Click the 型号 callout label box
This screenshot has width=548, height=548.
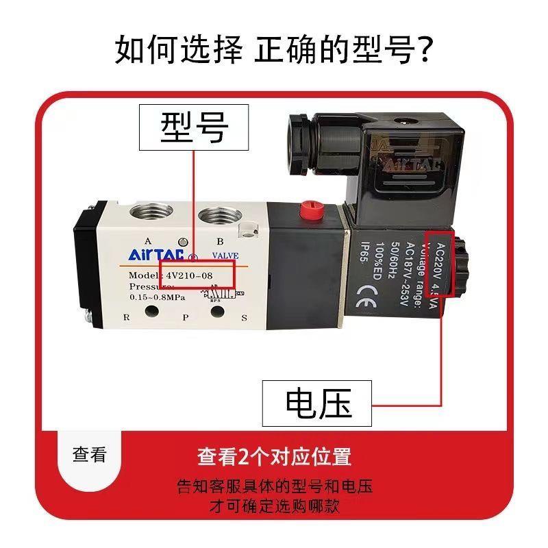click(195, 127)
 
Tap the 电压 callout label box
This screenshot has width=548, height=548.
click(317, 403)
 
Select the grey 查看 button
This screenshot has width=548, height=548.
click(90, 454)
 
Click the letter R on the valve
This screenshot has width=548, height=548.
click(125, 317)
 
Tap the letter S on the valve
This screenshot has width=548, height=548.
click(244, 317)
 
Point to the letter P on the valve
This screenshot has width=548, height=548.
click(184, 317)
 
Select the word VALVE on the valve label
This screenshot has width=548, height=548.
click(225, 256)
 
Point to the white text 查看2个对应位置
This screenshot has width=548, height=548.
click(274, 456)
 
